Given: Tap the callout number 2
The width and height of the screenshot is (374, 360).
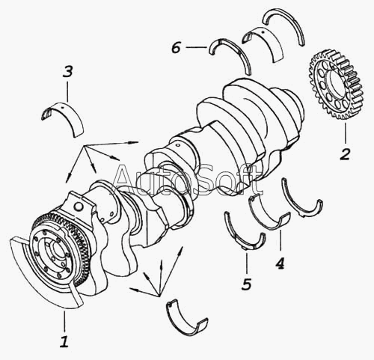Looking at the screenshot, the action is (345, 154).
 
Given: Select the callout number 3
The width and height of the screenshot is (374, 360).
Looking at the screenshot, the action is (67, 71).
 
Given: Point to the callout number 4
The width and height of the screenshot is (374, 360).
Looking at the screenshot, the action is (280, 263).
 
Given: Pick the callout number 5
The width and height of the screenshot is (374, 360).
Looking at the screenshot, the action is (246, 284).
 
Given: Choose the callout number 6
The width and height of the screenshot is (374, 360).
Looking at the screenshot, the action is (176, 47).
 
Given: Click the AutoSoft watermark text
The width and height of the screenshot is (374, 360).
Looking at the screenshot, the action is (188, 180).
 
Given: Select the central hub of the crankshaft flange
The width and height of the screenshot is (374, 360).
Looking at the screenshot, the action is (56, 252).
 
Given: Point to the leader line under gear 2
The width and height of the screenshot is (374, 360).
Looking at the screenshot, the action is (346, 133).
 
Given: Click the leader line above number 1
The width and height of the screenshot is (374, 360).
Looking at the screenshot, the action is (64, 321).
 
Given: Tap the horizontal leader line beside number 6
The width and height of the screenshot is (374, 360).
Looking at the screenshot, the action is (197, 47).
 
